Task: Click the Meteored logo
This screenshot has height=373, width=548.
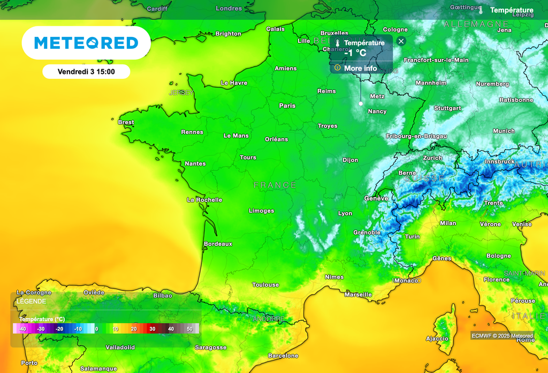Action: [86, 43]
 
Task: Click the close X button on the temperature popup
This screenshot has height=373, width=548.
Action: [401, 41]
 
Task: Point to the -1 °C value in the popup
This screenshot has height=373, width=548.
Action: [355, 53]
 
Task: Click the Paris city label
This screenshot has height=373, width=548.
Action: [287, 106]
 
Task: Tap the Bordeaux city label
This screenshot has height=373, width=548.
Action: [218, 244]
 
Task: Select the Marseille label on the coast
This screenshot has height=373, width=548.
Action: [358, 295]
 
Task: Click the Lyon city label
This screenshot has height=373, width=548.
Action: [345, 213]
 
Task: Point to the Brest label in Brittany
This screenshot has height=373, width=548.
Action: [126, 122]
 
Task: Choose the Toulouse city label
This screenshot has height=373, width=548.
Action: [265, 285]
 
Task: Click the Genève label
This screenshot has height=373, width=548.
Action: [376, 198]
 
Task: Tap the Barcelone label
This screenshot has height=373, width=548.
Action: [283, 356]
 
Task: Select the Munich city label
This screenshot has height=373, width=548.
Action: [504, 131]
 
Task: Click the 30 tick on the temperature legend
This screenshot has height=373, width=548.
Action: [153, 329]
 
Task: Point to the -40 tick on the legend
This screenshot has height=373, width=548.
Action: [22, 329]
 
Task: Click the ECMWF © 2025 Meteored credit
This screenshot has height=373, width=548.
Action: [502, 335]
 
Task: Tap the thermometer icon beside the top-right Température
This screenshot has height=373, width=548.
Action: [481, 10]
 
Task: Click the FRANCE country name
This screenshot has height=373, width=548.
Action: [275, 185]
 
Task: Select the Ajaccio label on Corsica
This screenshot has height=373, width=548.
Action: [437, 338]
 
